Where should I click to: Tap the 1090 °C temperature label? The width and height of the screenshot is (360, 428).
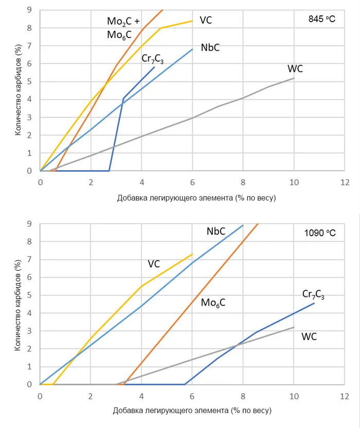tap(319, 233)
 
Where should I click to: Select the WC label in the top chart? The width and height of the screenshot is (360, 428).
tap(295, 69)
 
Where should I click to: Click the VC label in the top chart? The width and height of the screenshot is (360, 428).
tap(206, 20)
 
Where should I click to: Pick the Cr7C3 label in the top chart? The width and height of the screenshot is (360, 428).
tap(153, 58)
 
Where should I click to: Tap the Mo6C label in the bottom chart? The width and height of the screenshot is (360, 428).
tap(213, 303)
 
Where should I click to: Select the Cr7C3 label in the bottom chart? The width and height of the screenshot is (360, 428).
tap(313, 294)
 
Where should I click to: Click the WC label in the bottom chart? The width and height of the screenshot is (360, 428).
tap(309, 337)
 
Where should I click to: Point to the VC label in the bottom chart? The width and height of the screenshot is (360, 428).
tap(154, 264)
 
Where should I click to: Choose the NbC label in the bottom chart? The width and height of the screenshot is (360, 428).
tap(216, 231)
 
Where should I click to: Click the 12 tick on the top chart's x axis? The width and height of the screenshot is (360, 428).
tap(344, 182)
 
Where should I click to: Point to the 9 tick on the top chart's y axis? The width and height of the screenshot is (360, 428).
tap(30, 10)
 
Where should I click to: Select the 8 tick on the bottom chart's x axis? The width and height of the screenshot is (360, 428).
tap(243, 396)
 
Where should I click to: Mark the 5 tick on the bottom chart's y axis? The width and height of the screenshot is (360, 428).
tap(29, 295)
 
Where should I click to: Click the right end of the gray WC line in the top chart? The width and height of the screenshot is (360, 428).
tap(294, 78)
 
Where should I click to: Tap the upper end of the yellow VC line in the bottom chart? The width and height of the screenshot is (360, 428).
tap(192, 254)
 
